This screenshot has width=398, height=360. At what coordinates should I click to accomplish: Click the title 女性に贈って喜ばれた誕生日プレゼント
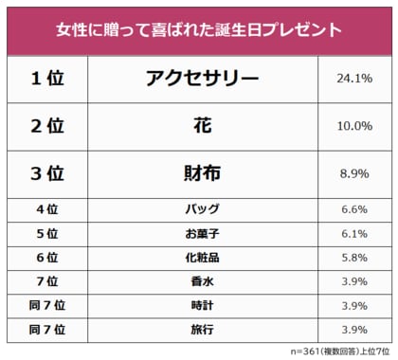[x=199, y=28]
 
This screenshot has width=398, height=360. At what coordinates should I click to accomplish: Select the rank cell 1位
[x=47, y=79]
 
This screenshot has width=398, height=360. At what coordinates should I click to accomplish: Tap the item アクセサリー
[x=202, y=79]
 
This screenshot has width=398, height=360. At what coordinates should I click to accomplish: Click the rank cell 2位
[x=47, y=126]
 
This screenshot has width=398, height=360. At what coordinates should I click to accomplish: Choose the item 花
[x=202, y=126]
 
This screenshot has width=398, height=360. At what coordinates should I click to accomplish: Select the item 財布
[x=202, y=173]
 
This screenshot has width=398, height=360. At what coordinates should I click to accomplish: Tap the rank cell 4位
[x=47, y=209]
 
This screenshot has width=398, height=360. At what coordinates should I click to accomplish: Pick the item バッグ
[x=202, y=209]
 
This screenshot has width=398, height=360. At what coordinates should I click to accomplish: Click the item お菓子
[x=202, y=234]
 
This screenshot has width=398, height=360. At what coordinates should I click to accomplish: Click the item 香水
[x=202, y=282]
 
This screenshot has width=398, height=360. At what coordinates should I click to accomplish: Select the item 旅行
[x=202, y=330]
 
